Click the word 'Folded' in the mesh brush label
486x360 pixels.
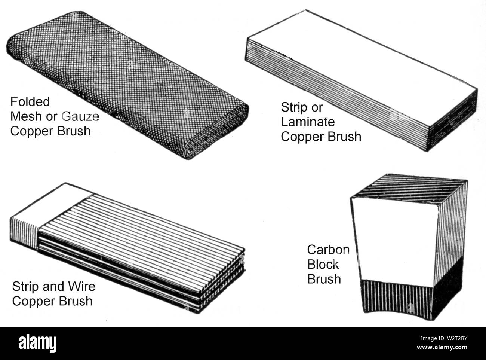coord(30,102)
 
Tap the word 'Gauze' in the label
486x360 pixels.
coord(80,116)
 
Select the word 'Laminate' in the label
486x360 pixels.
coord(308,122)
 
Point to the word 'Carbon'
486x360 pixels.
coord(328,250)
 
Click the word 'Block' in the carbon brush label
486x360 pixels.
coord(323,264)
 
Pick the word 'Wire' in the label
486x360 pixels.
coord(81,287)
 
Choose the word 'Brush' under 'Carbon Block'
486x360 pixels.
coord(324,279)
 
